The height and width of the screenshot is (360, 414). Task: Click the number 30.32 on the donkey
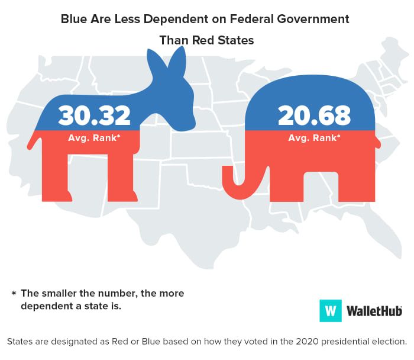pos(95,115)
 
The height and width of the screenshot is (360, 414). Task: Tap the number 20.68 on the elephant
pos(314,115)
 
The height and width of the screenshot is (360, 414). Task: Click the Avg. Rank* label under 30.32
pos(95,138)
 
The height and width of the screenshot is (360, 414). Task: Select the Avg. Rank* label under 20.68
pos(314,138)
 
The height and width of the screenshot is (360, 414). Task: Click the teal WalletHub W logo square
pos(331,310)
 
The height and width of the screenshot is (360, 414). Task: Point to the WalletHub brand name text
pos(374,310)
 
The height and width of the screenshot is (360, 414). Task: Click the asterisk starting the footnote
pos(14,294)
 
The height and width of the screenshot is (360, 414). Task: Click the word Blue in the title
pos(75,19)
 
